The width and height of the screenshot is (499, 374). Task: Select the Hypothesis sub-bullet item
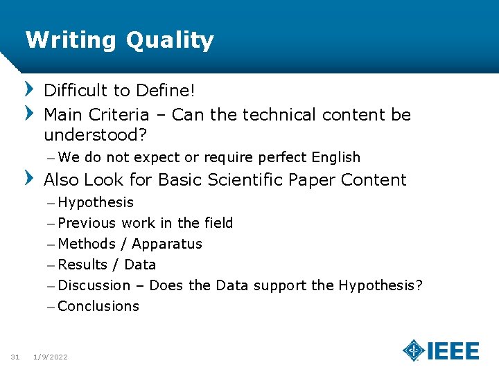click(96, 202)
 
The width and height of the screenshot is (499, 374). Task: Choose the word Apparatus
click(167, 244)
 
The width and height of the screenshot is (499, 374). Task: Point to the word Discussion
click(94, 285)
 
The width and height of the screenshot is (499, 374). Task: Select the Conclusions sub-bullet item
click(98, 306)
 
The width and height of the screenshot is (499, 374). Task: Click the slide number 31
click(15, 357)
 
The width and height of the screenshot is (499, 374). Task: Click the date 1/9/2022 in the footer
click(51, 357)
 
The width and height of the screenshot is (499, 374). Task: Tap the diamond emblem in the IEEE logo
click(414, 350)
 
